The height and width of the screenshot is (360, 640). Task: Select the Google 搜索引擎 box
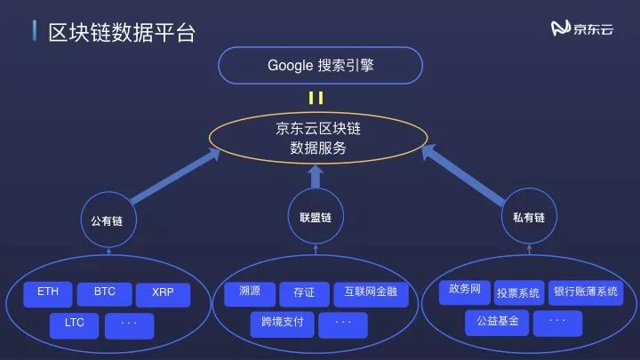point(319,65)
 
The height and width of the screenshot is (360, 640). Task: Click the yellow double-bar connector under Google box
point(316,98)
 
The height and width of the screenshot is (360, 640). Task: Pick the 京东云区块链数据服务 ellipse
point(318,139)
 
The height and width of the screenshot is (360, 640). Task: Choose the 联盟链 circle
point(315,217)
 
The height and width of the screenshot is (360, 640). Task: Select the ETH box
point(48,292)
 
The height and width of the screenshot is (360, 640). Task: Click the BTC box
point(104,292)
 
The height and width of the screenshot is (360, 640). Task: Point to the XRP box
point(163,292)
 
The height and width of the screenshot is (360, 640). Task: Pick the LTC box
point(74,324)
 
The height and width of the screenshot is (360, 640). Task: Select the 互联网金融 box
point(371,292)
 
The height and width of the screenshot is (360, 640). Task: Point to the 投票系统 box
point(518,292)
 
